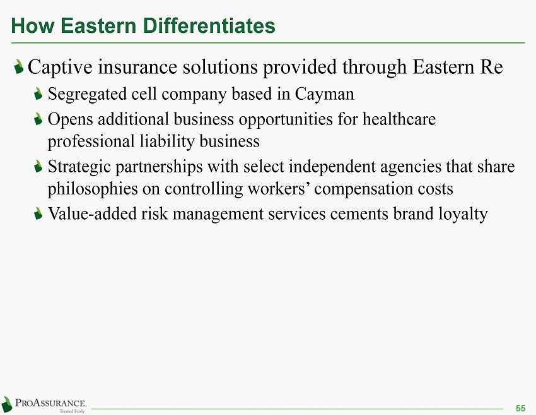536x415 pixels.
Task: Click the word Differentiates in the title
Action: click(x=209, y=26)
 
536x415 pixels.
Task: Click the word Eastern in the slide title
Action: click(x=98, y=26)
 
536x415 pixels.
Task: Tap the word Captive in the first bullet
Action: click(x=60, y=67)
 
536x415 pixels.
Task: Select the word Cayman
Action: click(x=324, y=94)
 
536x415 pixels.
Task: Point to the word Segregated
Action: click(x=87, y=95)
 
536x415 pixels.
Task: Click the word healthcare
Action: click(x=399, y=119)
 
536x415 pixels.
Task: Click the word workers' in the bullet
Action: click(x=278, y=189)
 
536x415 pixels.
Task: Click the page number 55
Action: click(x=520, y=408)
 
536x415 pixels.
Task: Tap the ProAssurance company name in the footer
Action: click(x=50, y=402)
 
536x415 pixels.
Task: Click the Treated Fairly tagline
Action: click(x=72, y=411)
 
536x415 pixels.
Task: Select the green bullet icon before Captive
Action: click(x=19, y=66)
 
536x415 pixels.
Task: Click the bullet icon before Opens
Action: click(x=38, y=119)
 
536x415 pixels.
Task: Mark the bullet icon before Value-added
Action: click(x=38, y=214)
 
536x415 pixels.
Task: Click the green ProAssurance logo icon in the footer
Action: click(x=6, y=404)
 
